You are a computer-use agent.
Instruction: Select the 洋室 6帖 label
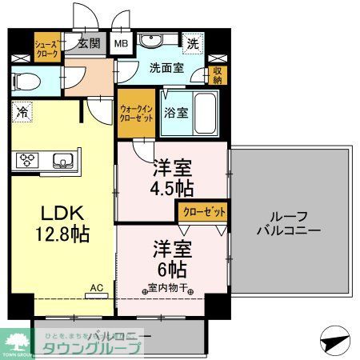[x=171, y=258]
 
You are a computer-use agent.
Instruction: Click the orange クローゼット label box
[x=202, y=211]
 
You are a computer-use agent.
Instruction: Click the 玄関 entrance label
[x=88, y=44]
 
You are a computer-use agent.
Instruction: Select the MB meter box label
[x=122, y=44]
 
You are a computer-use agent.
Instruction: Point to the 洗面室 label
[x=166, y=68]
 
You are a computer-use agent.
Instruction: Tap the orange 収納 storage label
[x=217, y=74]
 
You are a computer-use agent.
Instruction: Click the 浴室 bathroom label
[x=176, y=113]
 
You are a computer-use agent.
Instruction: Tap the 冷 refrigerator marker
[x=22, y=113]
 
